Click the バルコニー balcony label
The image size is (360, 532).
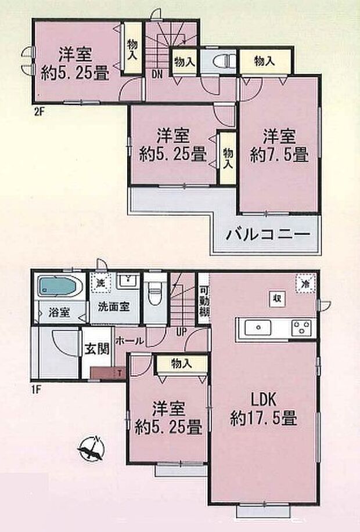pos(268,234)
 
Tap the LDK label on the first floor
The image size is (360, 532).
pos(264,400)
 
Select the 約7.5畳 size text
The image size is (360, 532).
pos(279,155)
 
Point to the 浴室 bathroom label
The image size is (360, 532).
pos(59,313)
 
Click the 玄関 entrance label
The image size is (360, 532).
pos(97,349)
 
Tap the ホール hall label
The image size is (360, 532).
pos(129,341)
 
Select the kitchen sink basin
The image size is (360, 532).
pos(258,328)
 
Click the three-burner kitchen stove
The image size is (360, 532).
pos(301,328)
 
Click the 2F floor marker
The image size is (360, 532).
pos(39,111)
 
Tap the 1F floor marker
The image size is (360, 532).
pos(37,389)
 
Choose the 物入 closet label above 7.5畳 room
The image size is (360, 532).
pos(265,61)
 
